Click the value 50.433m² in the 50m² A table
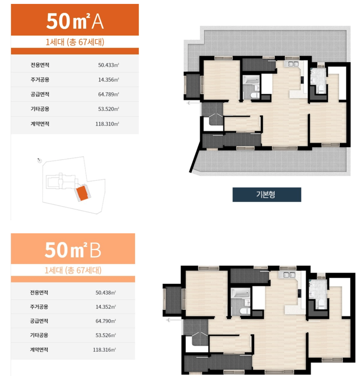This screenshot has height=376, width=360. click(108, 65)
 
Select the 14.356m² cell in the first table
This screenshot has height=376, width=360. click(108, 80)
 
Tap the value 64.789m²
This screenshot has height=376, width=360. click(108, 94)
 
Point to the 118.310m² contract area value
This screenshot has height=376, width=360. click(107, 124)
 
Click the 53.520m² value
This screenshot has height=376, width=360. click(108, 109)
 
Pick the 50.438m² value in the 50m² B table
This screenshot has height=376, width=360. click(106, 293)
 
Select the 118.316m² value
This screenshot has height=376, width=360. click(104, 350)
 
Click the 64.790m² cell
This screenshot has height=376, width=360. click(106, 321)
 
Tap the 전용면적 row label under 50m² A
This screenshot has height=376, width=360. click(40, 65)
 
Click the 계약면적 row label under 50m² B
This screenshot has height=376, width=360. click(39, 350)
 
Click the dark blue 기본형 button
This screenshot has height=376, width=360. click(267, 195)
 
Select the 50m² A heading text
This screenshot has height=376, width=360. click(75, 21)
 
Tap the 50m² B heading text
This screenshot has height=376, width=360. click(73, 250)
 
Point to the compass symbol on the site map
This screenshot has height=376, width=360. click(39, 160)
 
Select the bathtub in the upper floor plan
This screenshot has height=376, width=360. click(251, 80)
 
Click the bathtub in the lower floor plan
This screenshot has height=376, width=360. click(240, 293)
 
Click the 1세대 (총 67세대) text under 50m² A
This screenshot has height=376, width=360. click(75, 42)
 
